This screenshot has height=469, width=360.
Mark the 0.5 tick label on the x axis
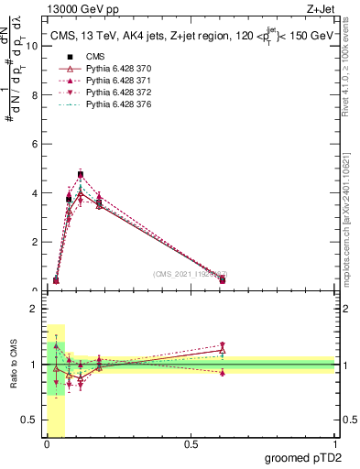(191, 444)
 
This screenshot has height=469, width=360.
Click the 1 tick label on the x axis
(336, 444)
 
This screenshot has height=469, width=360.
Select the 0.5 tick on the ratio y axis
(31, 421)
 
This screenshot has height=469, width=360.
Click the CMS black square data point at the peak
(81, 174)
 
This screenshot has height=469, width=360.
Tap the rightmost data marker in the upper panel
(223, 279)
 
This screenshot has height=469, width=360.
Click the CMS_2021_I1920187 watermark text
(190, 274)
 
